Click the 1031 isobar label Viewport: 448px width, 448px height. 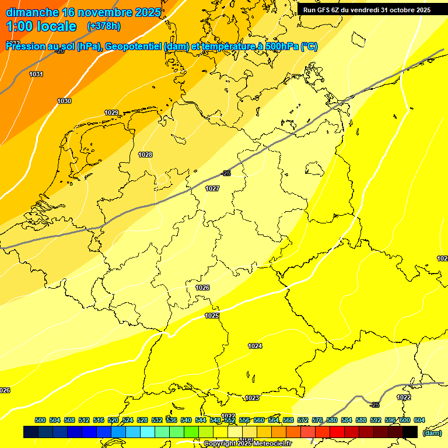[x=36, y=74]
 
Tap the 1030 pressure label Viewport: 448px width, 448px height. [x=64, y=101]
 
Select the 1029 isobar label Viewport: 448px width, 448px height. [x=111, y=113]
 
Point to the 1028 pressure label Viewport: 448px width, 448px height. [x=145, y=155]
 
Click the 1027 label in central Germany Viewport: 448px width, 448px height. [x=212, y=188]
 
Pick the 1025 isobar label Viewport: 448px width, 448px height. [x=212, y=316]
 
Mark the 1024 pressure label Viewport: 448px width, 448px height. [x=255, y=346]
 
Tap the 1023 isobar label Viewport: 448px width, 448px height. [x=252, y=398]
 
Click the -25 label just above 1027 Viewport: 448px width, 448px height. [x=226, y=173]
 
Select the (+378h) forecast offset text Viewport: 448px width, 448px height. [x=104, y=26]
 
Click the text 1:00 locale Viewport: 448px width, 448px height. [x=41, y=26]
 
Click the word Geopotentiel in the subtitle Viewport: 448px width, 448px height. [x=135, y=47]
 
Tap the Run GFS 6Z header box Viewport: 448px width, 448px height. [x=367, y=10]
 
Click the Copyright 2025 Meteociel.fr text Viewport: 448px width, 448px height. [x=247, y=444]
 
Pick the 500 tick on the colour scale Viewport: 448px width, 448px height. [x=40, y=420]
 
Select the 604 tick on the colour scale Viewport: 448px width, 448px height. [x=419, y=420]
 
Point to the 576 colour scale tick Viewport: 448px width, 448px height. [x=317, y=420]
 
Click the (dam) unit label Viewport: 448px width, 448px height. [x=432, y=432]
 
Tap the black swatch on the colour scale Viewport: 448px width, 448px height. [x=410, y=432]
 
